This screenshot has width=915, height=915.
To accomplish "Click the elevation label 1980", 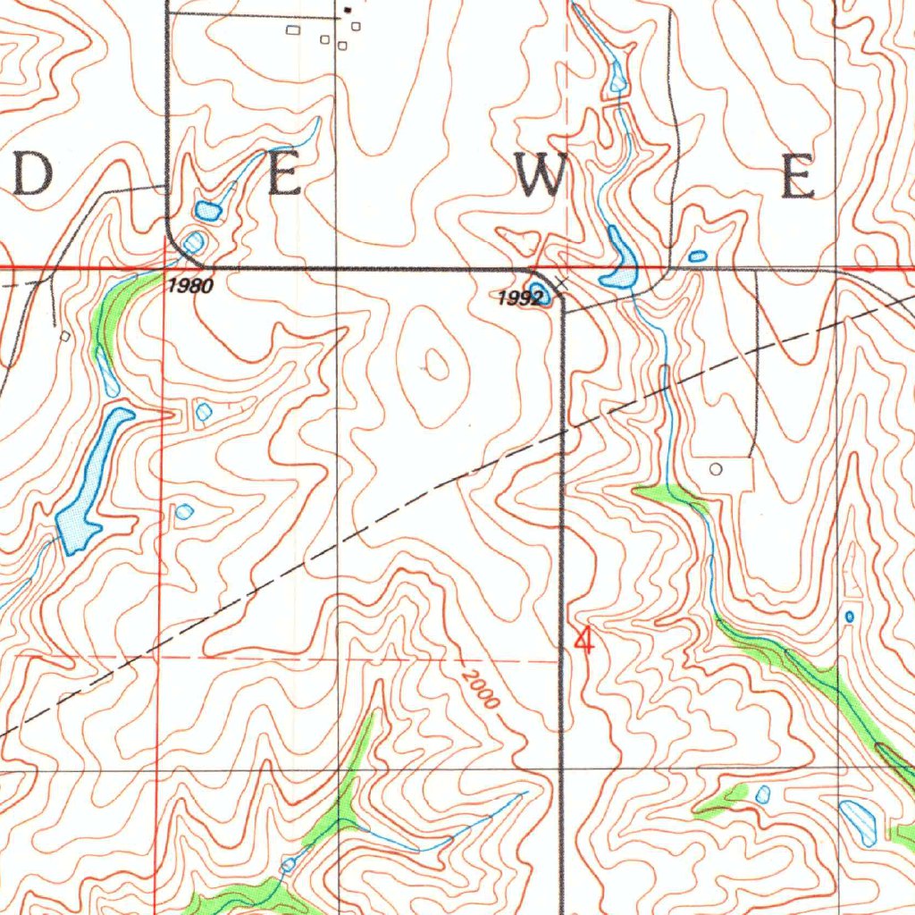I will pos(190,286).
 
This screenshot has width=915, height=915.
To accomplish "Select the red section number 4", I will pos(584,640).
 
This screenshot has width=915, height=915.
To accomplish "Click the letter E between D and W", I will pos(285,176).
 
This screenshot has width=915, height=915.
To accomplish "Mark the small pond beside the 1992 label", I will pos(537,291).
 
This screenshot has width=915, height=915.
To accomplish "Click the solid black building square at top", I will pos(349,10).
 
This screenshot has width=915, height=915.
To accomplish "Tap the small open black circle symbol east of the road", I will pos(715,468).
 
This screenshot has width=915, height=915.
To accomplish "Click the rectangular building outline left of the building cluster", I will pos(292,30).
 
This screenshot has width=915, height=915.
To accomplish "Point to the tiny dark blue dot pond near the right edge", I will pos(849,617).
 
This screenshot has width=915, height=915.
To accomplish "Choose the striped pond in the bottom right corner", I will pos(859,822).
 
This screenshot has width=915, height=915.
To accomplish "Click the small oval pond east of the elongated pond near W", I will pos(698,256).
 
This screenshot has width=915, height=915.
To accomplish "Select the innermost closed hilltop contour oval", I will pos(436,364).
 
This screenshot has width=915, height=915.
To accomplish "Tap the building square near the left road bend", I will pos(65,336).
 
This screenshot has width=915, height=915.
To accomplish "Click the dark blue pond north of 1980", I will pos(208,212).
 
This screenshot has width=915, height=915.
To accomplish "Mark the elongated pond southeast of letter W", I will pos(619,258).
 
